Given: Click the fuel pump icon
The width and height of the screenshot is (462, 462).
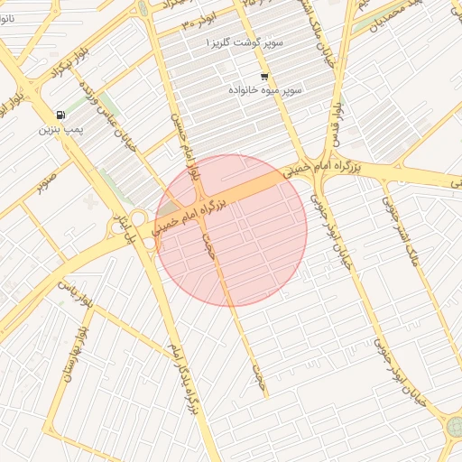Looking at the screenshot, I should pyautogui.click(x=60, y=115).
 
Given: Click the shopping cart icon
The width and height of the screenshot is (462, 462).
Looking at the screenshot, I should pyautogui.click(x=263, y=77).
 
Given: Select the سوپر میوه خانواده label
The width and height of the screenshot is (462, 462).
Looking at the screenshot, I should pyautogui.click(x=267, y=90).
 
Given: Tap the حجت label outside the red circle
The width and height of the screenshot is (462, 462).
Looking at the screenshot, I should pyautogui.click(x=259, y=370).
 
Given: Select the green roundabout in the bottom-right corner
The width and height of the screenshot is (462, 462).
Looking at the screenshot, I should pyautogui.click(x=454, y=427).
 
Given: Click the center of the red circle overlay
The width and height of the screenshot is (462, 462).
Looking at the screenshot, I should pyautogui.click(x=231, y=230).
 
